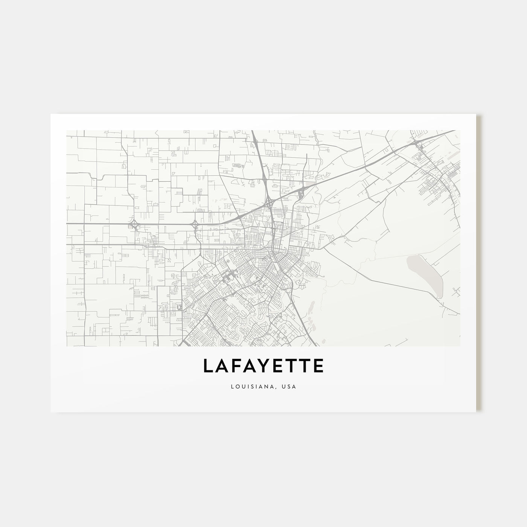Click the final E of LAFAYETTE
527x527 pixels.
click(318, 366)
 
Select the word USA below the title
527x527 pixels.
click(290, 387)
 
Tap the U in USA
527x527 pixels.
click(285, 387)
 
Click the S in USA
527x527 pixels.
click(290, 387)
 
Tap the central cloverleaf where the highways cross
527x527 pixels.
click(270, 203)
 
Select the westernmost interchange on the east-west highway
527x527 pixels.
click(133, 225)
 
